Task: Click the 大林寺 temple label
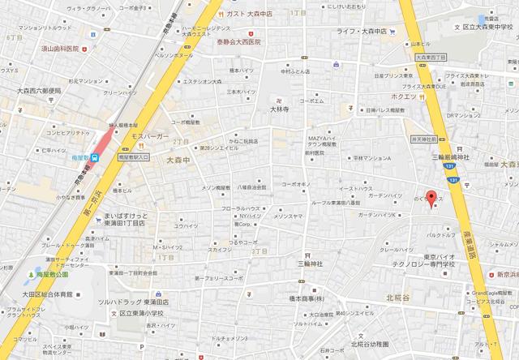279,108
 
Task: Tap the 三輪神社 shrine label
308,264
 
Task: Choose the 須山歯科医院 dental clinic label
54,49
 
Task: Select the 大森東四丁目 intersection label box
431,58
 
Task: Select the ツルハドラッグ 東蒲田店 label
133,300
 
